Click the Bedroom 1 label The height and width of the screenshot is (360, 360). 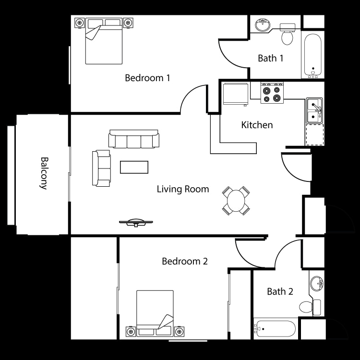point(147,78)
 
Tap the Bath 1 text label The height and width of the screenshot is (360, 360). point(271,59)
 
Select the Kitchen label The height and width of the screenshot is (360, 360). point(257,125)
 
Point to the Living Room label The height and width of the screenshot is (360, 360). point(183,189)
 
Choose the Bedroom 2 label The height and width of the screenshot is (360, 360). point(184,262)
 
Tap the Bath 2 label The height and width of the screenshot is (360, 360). point(280,291)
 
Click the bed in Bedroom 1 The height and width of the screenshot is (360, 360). point(104,42)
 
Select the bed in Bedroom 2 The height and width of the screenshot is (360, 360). point(155,313)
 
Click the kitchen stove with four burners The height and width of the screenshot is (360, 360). point(272,93)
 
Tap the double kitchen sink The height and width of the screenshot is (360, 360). point(314,110)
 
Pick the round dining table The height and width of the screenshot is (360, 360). point(236,201)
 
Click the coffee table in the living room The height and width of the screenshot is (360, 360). point(134,167)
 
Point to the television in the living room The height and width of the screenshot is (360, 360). point(136,222)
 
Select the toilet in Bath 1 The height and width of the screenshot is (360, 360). point(288,36)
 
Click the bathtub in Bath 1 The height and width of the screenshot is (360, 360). point(313,55)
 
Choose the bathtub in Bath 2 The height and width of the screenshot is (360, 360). point(275,329)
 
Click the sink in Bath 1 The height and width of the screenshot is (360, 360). point(263,25)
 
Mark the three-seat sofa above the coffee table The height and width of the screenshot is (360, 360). point(133,140)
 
